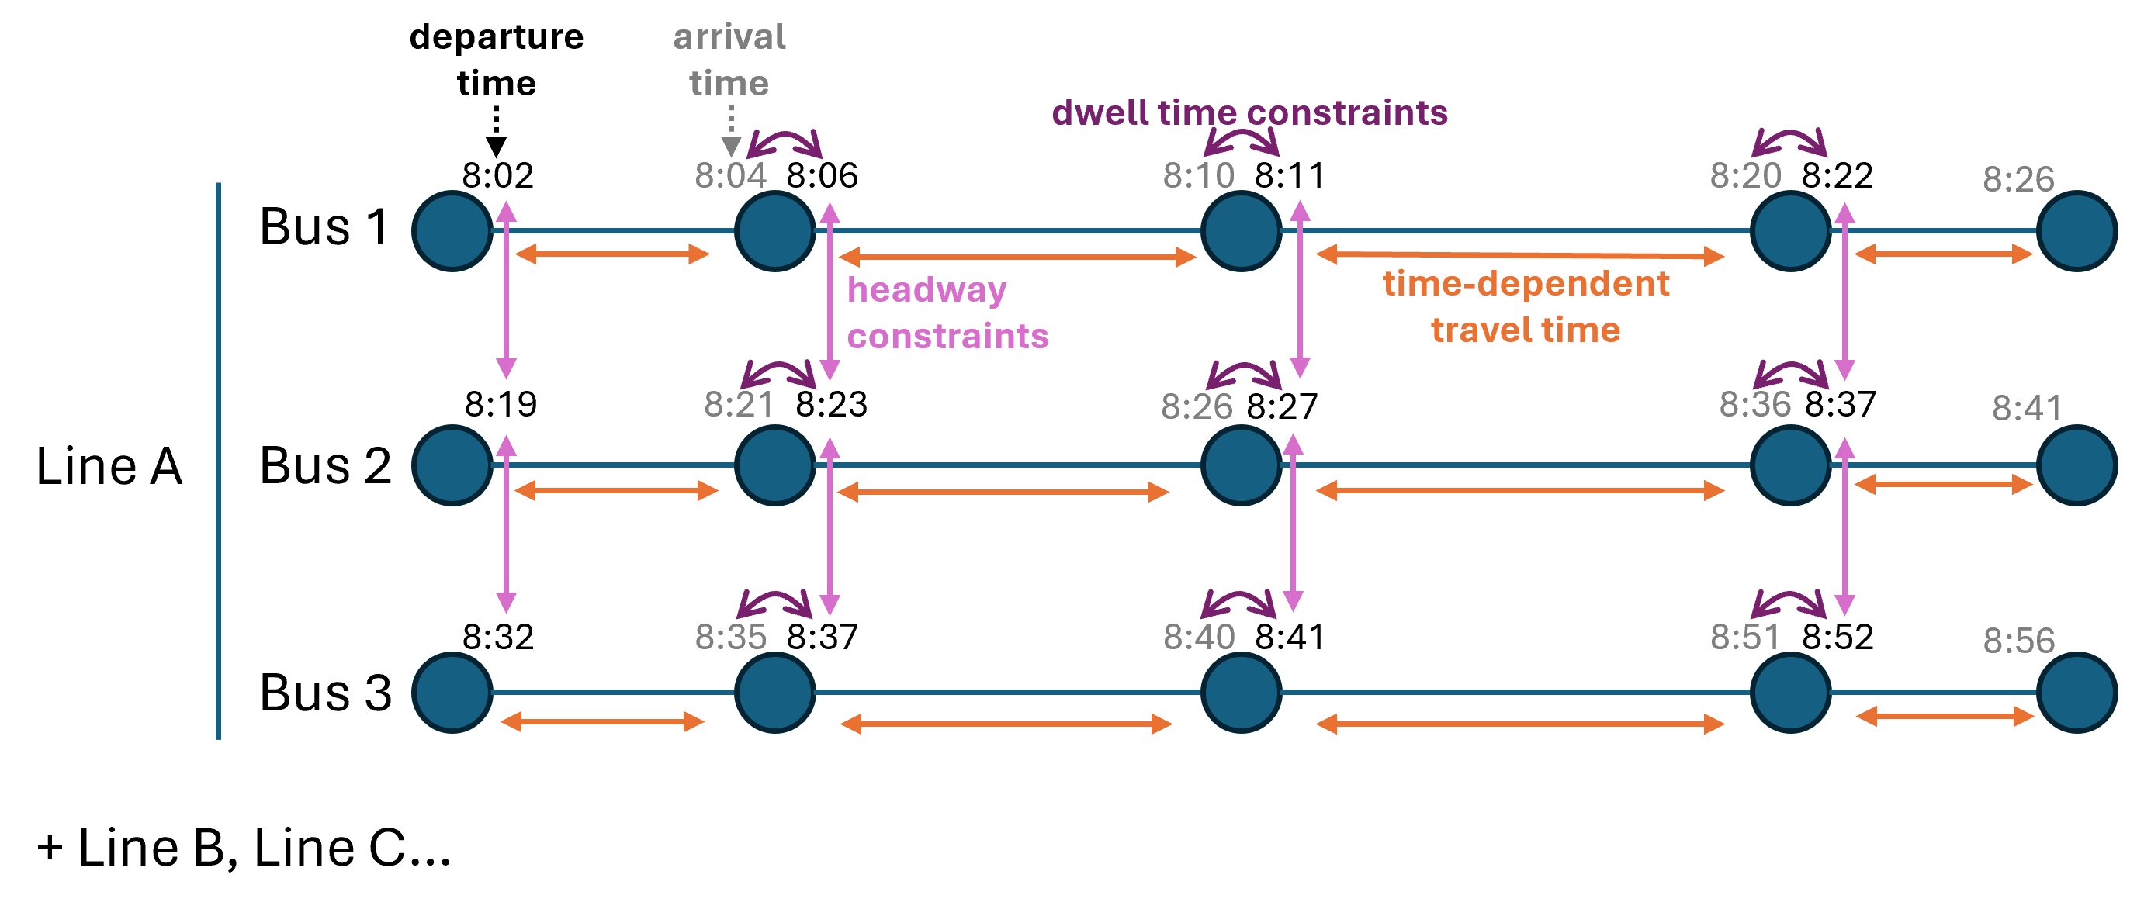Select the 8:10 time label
[1198, 176]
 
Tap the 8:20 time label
[1745, 176]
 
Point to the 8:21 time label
[739, 405]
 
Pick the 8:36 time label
[1754, 405]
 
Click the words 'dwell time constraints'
[1249, 113]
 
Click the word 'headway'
[927, 291]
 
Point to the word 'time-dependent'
[1526, 284]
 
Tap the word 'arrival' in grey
[729, 37]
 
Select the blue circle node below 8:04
[775, 231]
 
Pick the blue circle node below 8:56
[2077, 692]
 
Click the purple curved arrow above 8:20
[1789, 142]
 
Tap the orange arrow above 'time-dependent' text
[1519, 254]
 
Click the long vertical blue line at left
[219, 459]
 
